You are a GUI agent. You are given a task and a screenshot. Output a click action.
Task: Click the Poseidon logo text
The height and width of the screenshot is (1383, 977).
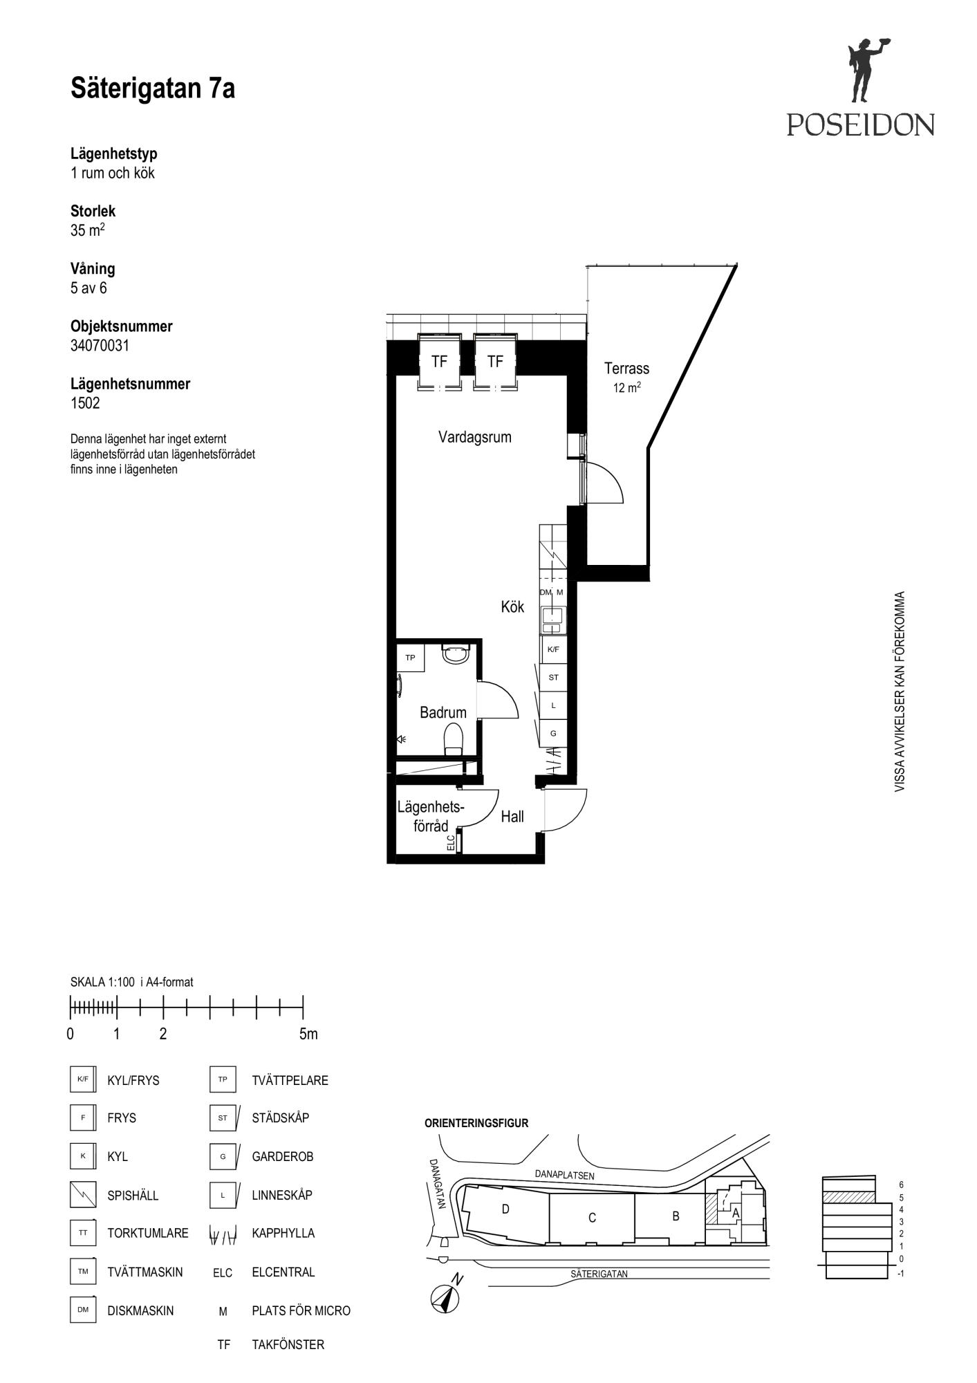(x=860, y=124)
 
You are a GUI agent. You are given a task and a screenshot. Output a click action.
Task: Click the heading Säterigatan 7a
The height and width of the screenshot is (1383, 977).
(x=153, y=89)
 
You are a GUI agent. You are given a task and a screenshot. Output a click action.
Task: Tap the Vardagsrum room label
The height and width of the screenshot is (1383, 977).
(x=475, y=437)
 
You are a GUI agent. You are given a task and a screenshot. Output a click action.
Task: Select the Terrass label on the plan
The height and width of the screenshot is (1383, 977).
(x=626, y=369)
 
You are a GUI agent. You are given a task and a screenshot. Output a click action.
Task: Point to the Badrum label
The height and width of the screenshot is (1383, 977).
(x=443, y=712)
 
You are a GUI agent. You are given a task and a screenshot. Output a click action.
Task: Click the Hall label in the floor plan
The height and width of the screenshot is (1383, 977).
(x=512, y=817)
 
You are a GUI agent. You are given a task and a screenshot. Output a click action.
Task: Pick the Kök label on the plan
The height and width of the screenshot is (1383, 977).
(x=512, y=606)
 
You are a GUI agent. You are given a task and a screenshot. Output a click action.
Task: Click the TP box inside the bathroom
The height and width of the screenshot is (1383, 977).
(x=410, y=658)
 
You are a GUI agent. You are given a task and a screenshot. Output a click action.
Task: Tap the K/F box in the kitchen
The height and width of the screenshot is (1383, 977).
(x=553, y=650)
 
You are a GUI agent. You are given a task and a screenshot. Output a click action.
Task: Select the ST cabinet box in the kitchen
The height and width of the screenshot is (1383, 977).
(x=553, y=678)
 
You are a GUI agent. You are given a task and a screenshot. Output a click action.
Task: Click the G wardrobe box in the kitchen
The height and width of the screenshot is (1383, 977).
(x=553, y=733)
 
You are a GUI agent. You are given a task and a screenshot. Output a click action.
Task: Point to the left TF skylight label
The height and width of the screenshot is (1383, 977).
(x=439, y=362)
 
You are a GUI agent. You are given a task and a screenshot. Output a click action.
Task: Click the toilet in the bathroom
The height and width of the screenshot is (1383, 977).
(x=454, y=739)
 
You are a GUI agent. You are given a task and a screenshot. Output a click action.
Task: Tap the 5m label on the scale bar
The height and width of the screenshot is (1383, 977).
(x=308, y=1034)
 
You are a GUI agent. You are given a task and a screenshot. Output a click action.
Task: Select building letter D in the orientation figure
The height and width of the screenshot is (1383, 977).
(x=505, y=1209)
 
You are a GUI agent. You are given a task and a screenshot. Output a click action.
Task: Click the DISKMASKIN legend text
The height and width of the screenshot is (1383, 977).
(x=140, y=1310)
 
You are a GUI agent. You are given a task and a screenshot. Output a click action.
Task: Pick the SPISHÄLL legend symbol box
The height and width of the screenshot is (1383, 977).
(x=83, y=1194)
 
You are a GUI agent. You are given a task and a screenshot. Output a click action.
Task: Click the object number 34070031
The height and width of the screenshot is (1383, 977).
(x=100, y=345)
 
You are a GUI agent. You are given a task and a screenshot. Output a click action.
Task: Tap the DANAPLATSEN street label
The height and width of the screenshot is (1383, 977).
(x=564, y=1174)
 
